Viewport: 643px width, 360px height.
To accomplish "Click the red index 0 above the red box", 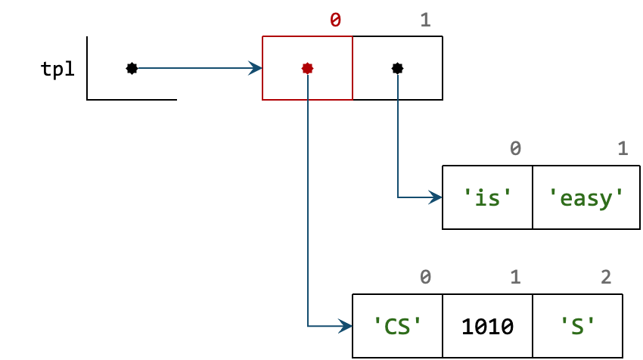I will tap(335, 20).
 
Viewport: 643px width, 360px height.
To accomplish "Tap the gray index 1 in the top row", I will tap(425, 20).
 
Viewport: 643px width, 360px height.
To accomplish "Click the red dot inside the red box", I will tap(307, 68).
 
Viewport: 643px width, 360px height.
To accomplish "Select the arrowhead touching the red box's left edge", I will tap(256, 68).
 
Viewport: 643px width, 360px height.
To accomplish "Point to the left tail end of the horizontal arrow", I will tap(139, 68).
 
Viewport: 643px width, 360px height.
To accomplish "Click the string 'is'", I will tap(487, 198).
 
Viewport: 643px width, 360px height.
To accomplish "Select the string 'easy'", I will tap(586, 198).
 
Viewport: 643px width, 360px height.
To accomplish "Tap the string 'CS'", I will tap(397, 327).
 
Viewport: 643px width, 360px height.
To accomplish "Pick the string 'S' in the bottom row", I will tap(578, 327).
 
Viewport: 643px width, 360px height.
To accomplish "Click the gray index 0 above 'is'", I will tap(515, 149).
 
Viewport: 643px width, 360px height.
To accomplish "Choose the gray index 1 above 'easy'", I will tap(623, 149).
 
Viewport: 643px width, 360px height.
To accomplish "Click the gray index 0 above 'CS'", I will tap(425, 278).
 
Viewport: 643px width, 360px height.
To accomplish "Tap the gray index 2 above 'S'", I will tap(606, 278).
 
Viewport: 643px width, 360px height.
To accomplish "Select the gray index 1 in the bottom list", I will tap(515, 278).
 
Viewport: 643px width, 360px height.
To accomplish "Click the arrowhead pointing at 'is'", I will tap(436, 197).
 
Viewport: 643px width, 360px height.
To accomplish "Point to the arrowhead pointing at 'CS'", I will tap(346, 326).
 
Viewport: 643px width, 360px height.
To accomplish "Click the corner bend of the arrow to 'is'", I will tap(398, 197).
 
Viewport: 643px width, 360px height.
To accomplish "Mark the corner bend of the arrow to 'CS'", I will tap(308, 326).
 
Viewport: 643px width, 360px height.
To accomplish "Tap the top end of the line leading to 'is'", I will tap(398, 76).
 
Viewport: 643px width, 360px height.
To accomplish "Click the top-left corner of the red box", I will tap(262, 36).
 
